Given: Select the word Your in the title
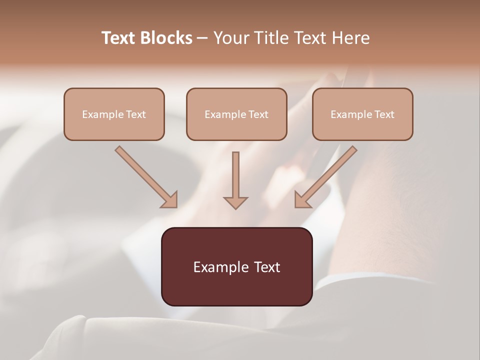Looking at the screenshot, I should coord(231,38).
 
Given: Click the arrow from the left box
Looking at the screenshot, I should coord(145,176).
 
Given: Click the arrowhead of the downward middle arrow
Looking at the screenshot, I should coord(235,202).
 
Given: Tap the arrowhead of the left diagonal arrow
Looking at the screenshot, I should coord(170,200).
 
